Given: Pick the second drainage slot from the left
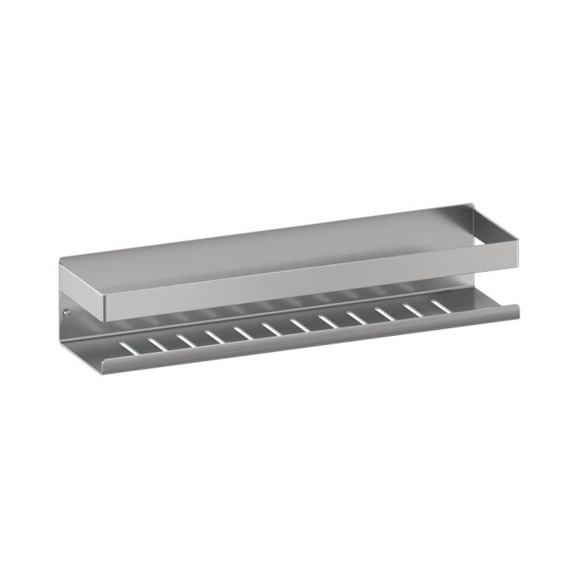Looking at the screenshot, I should click(x=155, y=343).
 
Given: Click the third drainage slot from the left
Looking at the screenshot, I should click(x=186, y=338).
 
